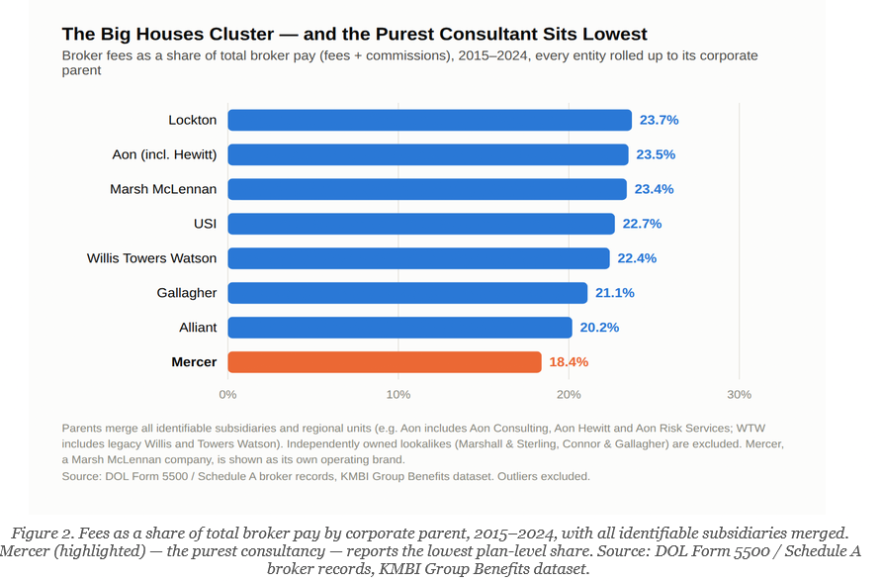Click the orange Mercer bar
[x=385, y=362]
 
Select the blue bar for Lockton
[x=430, y=120]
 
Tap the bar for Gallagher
[x=407, y=293]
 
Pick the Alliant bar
[x=399, y=328]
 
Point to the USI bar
[x=421, y=224]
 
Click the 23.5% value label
[x=656, y=154]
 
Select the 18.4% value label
[x=569, y=362]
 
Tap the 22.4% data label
[x=637, y=258]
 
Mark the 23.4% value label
[x=654, y=189]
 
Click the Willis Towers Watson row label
[x=151, y=258]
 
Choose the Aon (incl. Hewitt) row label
[x=164, y=154]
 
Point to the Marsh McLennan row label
[x=163, y=189]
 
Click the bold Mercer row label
[x=194, y=362]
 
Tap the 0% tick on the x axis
[x=227, y=395]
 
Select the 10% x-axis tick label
[x=398, y=395]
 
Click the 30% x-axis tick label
[x=739, y=395]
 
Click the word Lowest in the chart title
[x=615, y=34]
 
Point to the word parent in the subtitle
[x=82, y=70]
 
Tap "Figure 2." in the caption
[x=43, y=534]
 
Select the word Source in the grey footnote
[x=80, y=476]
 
